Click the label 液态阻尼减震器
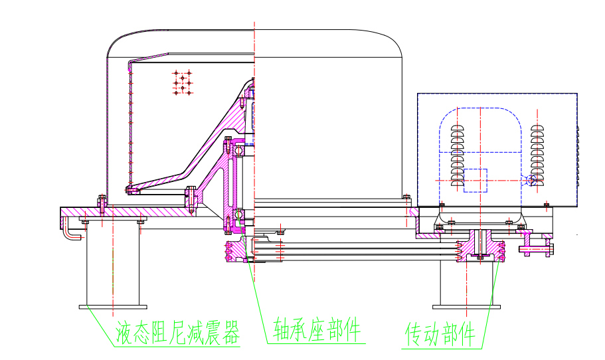[x=177, y=332]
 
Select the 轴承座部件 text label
[x=317, y=329]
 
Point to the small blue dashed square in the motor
[x=475, y=181]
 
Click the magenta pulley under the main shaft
[x=236, y=252]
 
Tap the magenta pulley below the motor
[x=478, y=250]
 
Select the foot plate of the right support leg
[x=458, y=307]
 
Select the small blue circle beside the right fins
[x=529, y=180]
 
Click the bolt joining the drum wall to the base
[x=102, y=202]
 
